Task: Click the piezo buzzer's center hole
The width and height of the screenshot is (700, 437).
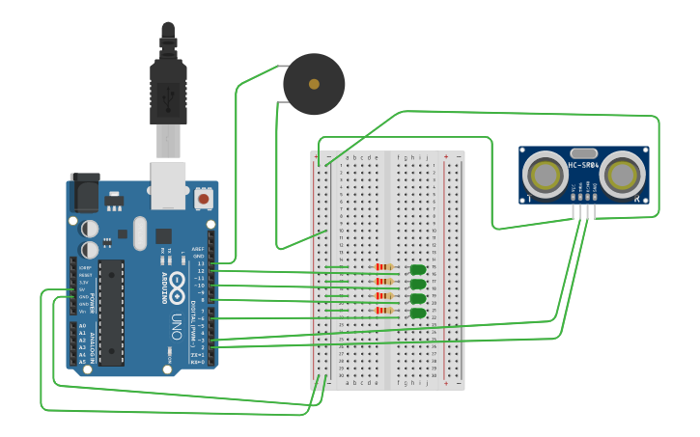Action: point(314,84)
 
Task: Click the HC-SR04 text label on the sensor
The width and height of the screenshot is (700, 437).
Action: point(583,165)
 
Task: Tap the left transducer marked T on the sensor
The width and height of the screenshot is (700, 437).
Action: point(546,176)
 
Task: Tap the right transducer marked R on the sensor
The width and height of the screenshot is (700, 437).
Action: point(623,176)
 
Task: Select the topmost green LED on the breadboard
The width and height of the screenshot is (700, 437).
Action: point(417,270)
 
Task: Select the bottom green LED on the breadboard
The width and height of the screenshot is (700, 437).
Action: point(417,313)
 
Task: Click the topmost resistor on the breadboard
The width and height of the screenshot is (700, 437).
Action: point(384,267)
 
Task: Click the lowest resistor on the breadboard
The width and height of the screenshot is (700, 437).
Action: point(384,311)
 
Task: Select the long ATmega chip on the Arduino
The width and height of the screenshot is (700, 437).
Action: point(111,312)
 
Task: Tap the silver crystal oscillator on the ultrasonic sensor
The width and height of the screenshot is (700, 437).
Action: point(583,152)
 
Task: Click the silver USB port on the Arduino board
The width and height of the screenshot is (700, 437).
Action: point(169,185)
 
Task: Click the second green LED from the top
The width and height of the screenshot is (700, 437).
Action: point(417,285)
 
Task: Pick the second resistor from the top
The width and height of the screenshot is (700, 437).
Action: point(384,282)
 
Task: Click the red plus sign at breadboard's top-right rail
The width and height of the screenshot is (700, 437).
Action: point(445,155)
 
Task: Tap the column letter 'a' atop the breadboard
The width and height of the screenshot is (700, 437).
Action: point(347,156)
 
